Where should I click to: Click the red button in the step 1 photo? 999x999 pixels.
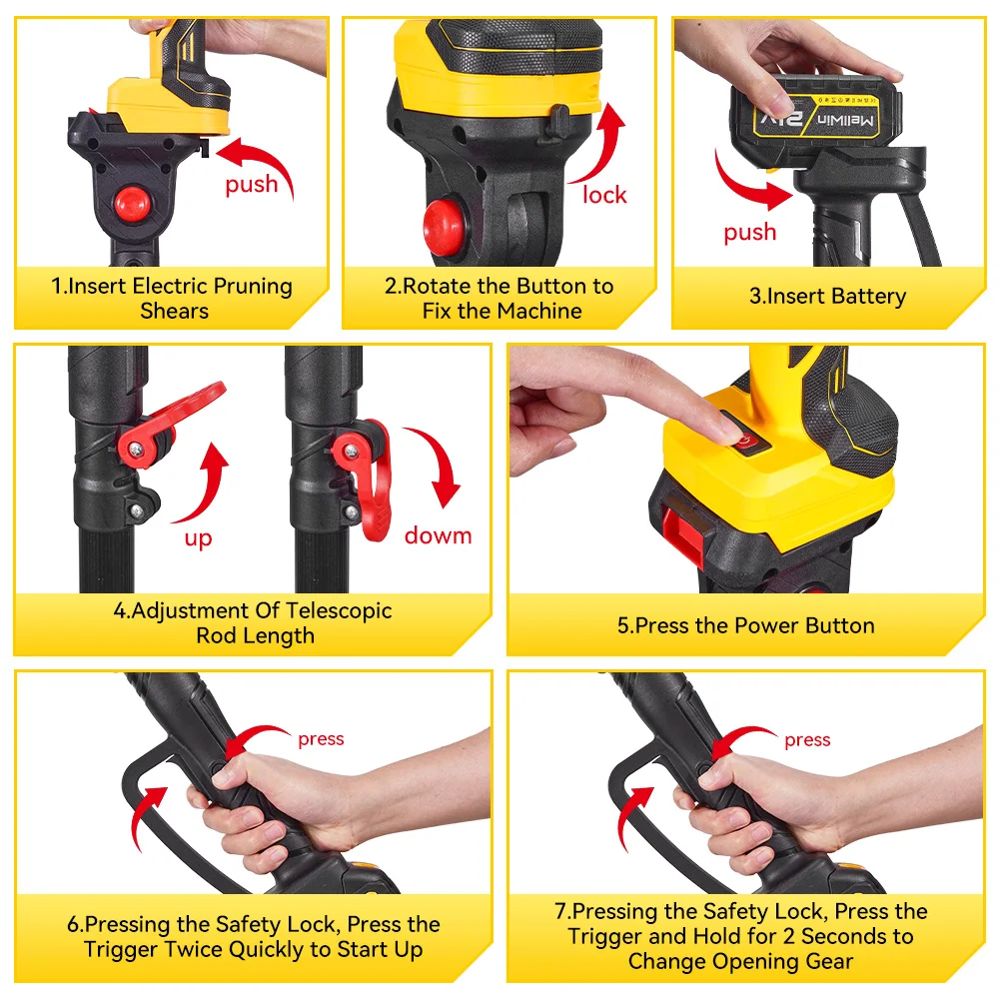133,203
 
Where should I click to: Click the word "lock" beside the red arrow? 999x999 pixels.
604,195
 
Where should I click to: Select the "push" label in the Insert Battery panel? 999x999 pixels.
750,233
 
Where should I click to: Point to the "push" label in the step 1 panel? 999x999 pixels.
252,185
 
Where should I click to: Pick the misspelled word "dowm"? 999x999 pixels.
439,535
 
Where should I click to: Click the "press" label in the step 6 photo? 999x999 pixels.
321,739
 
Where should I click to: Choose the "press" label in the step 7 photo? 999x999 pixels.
807,740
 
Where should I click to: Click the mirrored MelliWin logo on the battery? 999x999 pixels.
845,120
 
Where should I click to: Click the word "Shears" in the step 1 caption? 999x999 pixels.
175,311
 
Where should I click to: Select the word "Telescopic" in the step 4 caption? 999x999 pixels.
339,611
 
